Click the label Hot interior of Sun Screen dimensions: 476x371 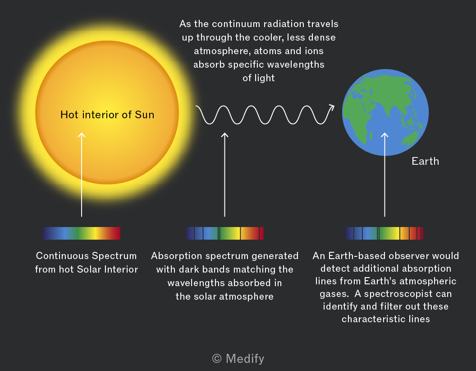(107, 115)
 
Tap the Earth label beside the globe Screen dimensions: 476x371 (426, 161)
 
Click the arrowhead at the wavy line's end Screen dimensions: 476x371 (331, 108)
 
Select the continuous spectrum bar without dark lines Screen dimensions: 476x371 (81, 233)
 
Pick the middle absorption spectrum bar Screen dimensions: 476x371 (224, 233)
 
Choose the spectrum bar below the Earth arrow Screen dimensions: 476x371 (384, 233)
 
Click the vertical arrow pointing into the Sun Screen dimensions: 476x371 (81, 175)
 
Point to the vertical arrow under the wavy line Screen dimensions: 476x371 (224, 175)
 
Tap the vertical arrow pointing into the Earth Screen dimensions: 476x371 (384, 175)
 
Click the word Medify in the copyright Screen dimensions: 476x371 (245, 358)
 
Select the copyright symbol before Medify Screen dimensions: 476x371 (217, 358)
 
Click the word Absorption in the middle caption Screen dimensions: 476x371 (176, 256)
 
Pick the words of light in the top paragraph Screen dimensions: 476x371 (259, 78)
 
